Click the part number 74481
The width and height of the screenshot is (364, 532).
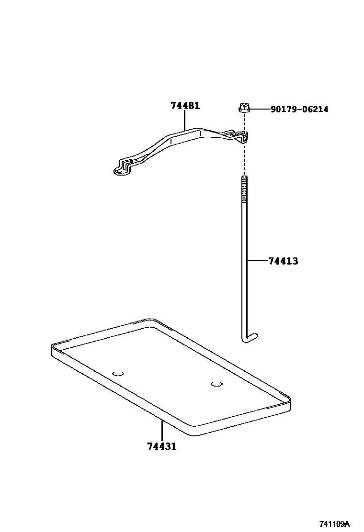coord(185,106)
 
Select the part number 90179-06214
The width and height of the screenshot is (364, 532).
coord(299,110)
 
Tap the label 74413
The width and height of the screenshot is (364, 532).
coord(283,261)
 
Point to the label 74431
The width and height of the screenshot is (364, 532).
coord(162,446)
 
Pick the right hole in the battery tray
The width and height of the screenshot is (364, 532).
coord(216,383)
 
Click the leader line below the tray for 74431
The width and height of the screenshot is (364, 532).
coord(162,431)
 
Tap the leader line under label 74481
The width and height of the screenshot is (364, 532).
coord(185,120)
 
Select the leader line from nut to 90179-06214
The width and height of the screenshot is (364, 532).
coord(259,110)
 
